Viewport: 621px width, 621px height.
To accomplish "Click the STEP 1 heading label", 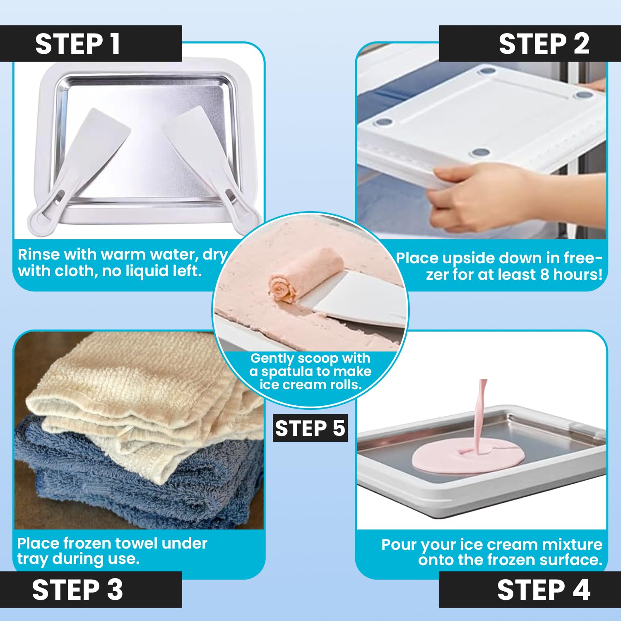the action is (x=78, y=43).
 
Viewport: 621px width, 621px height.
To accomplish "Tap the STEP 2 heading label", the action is (x=544, y=43).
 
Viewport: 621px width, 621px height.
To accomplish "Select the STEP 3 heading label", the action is (x=77, y=590).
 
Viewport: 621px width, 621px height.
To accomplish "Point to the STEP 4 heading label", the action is (x=544, y=590).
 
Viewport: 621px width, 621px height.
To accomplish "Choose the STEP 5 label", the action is (x=310, y=428).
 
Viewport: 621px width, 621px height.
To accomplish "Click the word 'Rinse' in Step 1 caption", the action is (x=39, y=254).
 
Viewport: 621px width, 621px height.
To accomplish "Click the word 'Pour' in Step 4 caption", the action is (x=398, y=545).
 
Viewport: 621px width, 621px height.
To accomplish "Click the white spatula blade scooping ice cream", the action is (x=354, y=296).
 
